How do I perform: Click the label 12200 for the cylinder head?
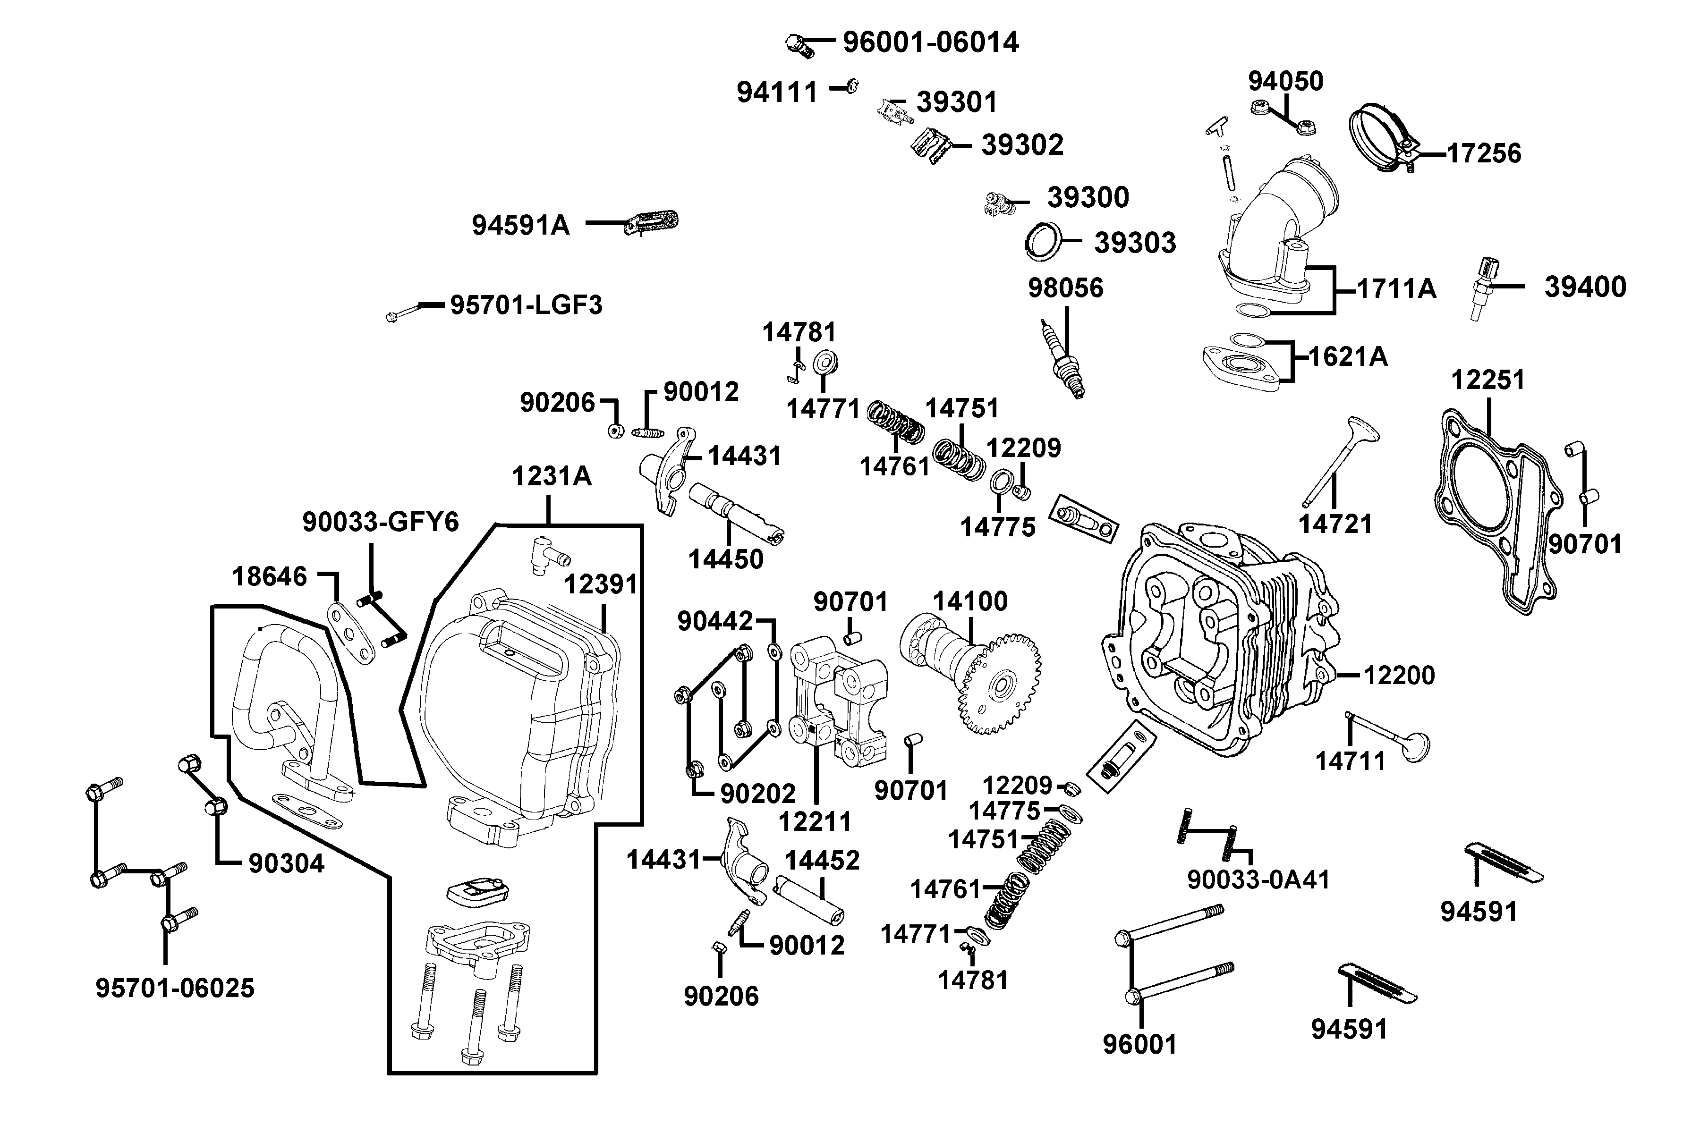point(1399,676)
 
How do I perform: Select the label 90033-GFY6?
point(380,522)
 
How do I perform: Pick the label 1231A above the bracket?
point(552,477)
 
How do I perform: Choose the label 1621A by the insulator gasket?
point(1348,356)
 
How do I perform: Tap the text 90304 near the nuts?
point(286,863)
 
